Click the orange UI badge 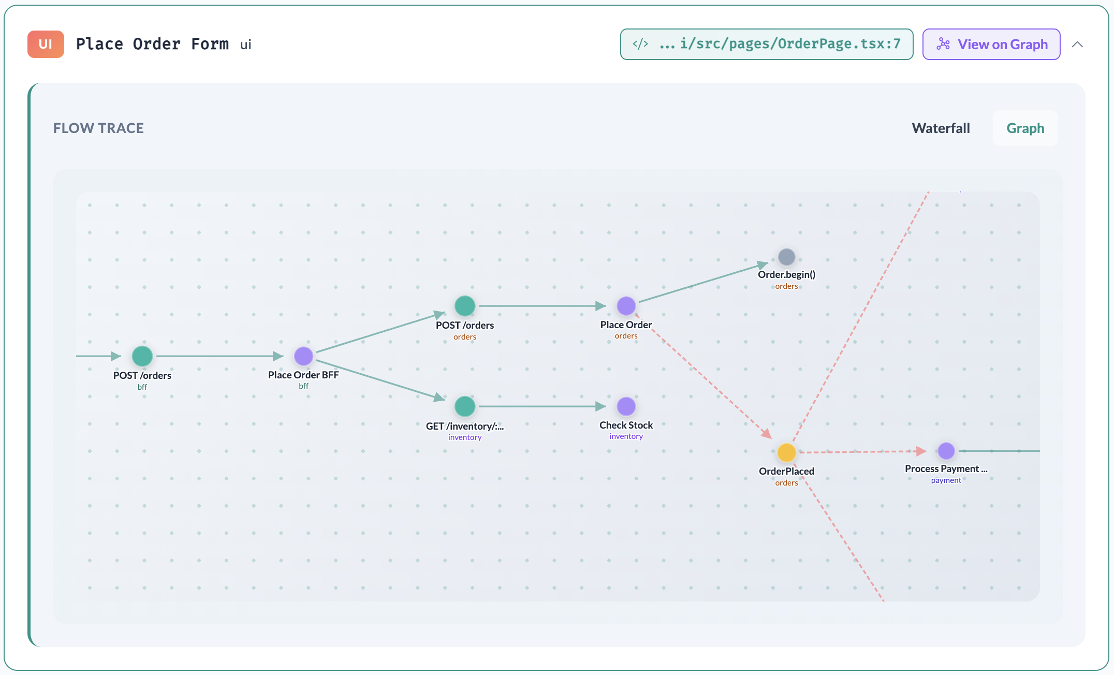click(x=46, y=44)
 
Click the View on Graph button click(x=991, y=44)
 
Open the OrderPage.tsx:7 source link click(x=766, y=44)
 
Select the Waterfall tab click(x=941, y=128)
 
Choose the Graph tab click(x=1025, y=128)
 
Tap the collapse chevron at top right click(x=1077, y=45)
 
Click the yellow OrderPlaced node click(x=786, y=452)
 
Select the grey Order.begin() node click(x=786, y=257)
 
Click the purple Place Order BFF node click(x=303, y=356)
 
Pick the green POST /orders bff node click(x=142, y=356)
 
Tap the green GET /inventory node click(x=464, y=406)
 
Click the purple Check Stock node click(x=626, y=406)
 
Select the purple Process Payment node click(x=946, y=451)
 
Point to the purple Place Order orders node click(x=626, y=306)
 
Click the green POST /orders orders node click(x=464, y=306)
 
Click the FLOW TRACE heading click(x=98, y=128)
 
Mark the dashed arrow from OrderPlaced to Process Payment click(x=859, y=452)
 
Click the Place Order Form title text click(x=152, y=44)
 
